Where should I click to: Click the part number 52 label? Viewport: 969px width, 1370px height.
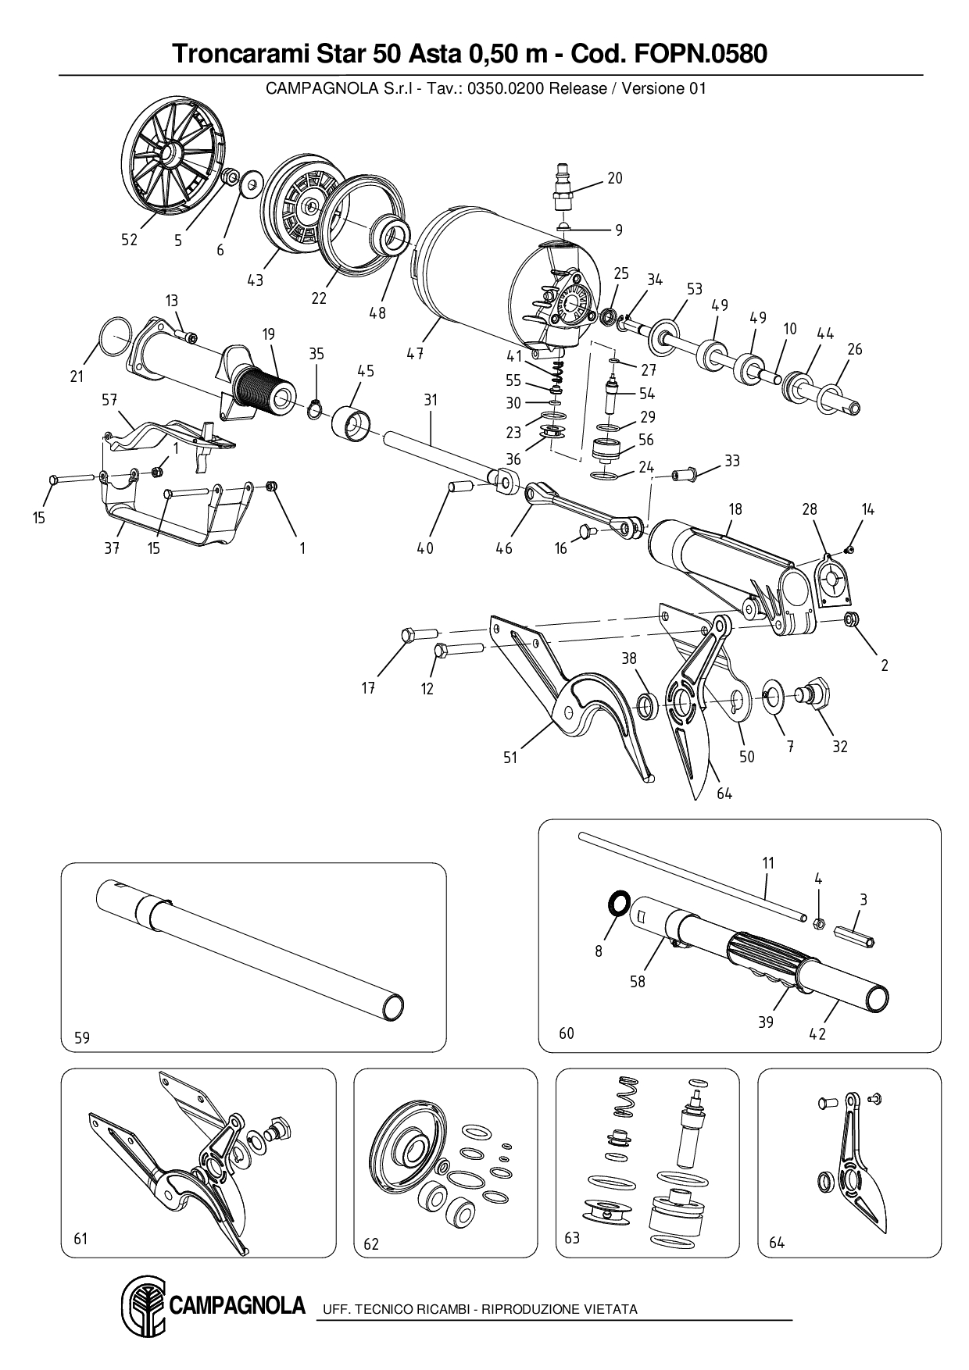click(129, 240)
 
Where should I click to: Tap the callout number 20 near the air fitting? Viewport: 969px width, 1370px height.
click(615, 178)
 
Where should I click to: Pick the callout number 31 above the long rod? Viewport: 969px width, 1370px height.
click(431, 400)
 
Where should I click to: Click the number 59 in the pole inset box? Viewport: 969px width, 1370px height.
click(82, 1037)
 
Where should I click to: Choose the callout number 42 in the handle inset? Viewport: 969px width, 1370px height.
click(817, 1034)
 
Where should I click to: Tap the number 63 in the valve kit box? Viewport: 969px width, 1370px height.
click(572, 1239)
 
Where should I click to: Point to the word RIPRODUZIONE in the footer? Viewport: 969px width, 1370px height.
click(531, 1309)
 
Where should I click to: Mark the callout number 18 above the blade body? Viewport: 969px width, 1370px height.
click(735, 508)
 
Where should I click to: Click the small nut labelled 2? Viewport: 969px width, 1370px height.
click(852, 620)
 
